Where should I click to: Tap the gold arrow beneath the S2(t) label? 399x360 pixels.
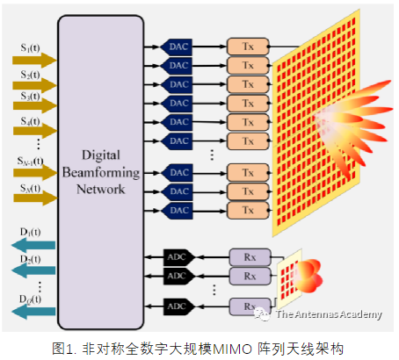pyautogui.click(x=31, y=86)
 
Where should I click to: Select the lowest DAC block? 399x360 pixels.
pyautogui.click(x=178, y=211)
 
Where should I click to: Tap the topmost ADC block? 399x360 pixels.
pyautogui.click(x=178, y=257)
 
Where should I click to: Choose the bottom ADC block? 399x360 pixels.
pyautogui.click(x=178, y=306)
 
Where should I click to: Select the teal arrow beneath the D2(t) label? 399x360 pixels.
pyautogui.click(x=31, y=273)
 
